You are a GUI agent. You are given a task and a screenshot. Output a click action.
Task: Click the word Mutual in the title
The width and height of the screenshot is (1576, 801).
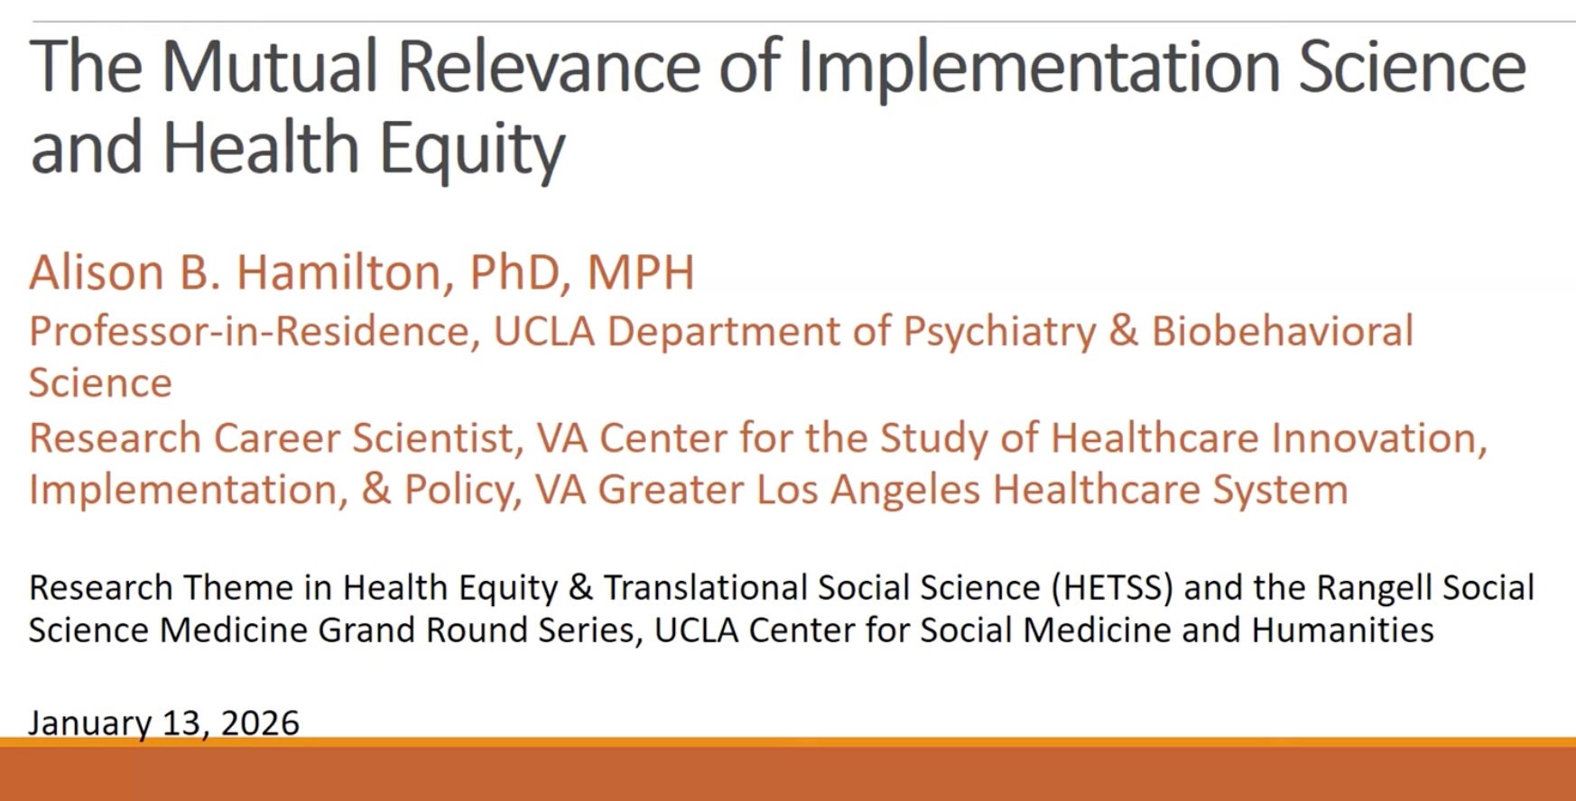tap(269, 67)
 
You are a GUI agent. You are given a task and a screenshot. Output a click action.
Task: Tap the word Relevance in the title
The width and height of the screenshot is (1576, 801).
tap(549, 67)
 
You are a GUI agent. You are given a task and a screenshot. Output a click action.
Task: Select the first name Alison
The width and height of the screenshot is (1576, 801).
tap(97, 272)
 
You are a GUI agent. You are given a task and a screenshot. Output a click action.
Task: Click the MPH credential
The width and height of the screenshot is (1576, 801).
tap(641, 272)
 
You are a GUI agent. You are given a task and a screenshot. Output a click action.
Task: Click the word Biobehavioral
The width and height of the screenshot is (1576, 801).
tap(1283, 331)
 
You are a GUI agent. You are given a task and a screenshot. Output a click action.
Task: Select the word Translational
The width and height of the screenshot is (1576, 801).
tap(706, 587)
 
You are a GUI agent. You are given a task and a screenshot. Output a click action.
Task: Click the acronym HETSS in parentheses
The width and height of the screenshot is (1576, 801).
tap(1112, 588)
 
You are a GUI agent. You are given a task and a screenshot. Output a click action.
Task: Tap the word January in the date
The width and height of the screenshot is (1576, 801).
tap(90, 723)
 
